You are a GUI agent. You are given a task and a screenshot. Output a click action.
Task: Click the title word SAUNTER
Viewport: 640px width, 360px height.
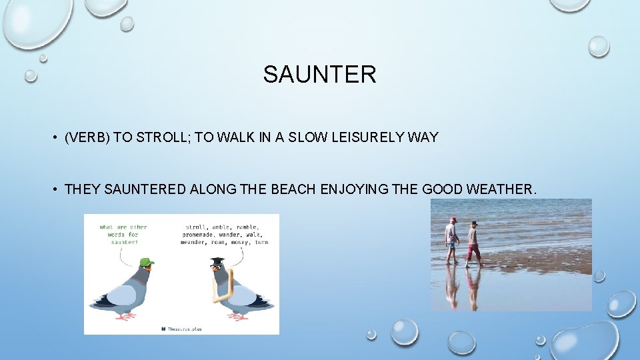319,74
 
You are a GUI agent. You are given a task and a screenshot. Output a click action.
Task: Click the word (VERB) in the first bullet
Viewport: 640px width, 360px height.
87,137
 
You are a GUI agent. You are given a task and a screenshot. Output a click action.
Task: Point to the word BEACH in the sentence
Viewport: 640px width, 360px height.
293,190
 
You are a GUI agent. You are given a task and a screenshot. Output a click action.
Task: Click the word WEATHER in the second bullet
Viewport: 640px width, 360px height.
500,190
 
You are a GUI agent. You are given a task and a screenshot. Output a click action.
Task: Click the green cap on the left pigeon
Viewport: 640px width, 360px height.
147,262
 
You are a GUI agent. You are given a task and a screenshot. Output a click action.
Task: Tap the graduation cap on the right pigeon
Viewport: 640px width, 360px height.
217,261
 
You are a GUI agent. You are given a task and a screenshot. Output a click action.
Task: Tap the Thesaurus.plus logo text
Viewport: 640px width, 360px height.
185,328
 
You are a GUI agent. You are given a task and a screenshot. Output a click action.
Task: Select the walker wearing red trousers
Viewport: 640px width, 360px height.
473,243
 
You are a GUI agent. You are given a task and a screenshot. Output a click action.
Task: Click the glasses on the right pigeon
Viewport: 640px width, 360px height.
215,267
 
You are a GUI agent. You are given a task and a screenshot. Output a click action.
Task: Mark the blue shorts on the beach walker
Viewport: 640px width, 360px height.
452,245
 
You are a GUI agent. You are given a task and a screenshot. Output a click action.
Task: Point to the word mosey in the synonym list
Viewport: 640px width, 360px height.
240,242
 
